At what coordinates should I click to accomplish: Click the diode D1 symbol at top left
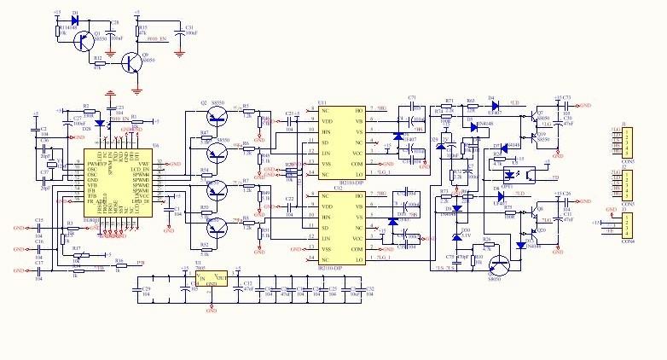(74, 19)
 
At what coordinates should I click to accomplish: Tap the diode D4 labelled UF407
(494, 102)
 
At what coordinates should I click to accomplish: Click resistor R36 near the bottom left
(119, 265)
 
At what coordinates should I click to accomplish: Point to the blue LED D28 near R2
(98, 123)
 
